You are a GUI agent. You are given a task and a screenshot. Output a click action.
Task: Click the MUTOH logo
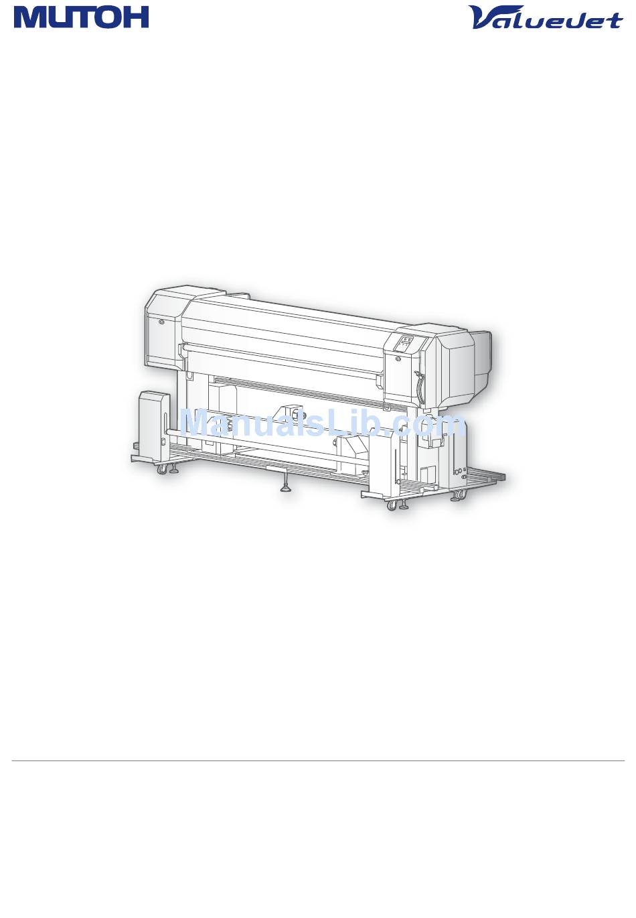[81, 18]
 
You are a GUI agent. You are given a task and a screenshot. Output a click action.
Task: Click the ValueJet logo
[546, 17]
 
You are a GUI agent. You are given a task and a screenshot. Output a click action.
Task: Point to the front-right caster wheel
[392, 505]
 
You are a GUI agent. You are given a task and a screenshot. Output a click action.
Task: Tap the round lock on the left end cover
[161, 322]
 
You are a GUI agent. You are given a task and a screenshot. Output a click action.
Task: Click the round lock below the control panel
[398, 359]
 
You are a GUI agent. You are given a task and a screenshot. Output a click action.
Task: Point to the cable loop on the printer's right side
[418, 381]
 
